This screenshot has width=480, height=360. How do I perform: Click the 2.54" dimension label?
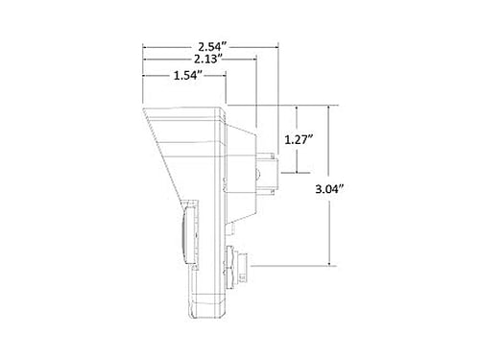[x=212, y=47]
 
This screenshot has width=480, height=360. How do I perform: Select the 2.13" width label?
[x=208, y=60]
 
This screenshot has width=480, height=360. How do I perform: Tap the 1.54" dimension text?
[x=188, y=76]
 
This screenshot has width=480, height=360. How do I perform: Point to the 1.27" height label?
[x=299, y=139]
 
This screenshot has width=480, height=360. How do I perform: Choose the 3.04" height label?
[x=329, y=189]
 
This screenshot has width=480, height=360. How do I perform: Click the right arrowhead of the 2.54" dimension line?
[x=276, y=47]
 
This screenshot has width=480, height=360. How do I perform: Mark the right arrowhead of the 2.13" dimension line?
[x=254, y=60]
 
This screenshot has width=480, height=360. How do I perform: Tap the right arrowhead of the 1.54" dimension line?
[x=224, y=76]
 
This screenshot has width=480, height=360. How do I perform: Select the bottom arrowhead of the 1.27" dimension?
[x=298, y=170]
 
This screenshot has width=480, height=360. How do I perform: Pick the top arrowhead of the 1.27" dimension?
[x=298, y=108]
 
